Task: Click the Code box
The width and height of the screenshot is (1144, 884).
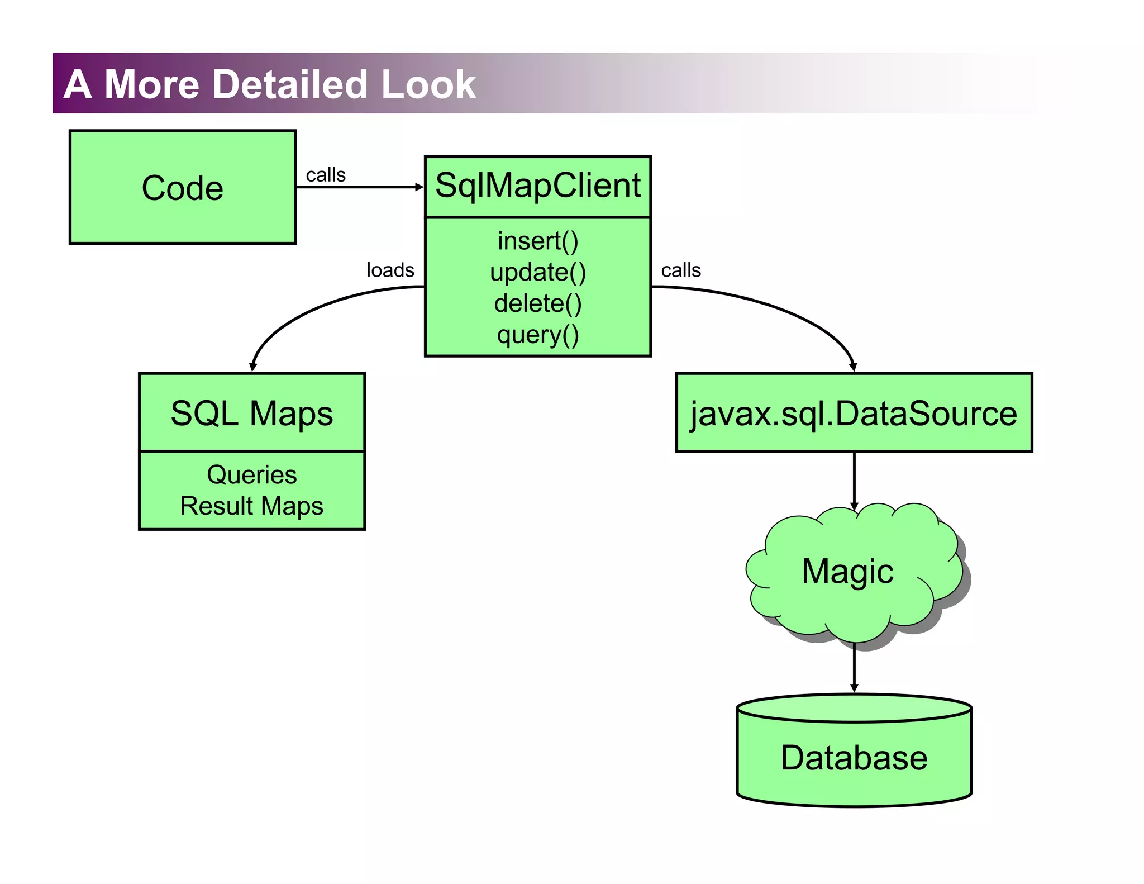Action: click(182, 187)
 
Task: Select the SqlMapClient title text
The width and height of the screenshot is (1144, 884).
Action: click(537, 186)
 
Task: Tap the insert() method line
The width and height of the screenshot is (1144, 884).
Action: click(537, 241)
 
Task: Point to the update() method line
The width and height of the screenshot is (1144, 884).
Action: click(537, 272)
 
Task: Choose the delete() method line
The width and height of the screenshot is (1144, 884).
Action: click(537, 303)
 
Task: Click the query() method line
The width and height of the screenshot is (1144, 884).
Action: click(537, 335)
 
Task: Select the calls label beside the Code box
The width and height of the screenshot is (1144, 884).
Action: click(326, 175)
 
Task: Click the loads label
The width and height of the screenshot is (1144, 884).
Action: click(390, 270)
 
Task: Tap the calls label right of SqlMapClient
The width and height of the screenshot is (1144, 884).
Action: click(680, 270)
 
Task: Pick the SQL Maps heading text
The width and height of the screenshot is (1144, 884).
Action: click(251, 414)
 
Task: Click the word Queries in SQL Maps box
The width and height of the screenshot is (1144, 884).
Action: click(251, 475)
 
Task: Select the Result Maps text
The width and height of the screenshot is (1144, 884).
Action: click(251, 506)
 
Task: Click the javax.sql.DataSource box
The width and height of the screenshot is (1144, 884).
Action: click(854, 414)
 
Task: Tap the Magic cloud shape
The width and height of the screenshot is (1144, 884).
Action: click(847, 572)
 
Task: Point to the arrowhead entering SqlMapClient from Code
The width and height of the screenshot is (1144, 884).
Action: click(419, 187)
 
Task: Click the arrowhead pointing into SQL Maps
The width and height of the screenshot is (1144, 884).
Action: click(253, 367)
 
